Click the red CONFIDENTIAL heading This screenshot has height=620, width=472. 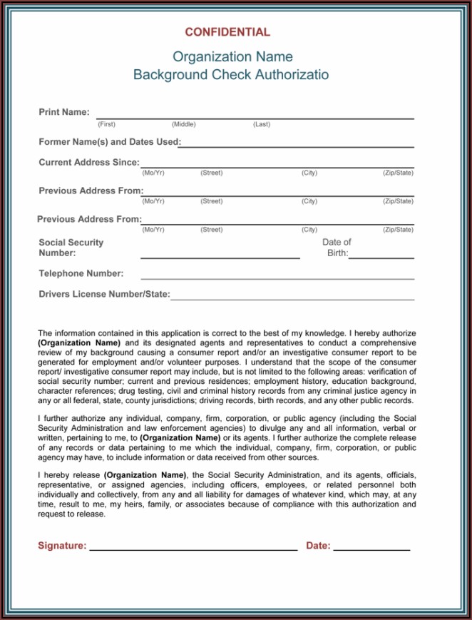[x=227, y=32]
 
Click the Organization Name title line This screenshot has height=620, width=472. [x=232, y=57]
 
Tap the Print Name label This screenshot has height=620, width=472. [x=64, y=112]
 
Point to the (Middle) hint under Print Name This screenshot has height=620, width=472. [x=183, y=124]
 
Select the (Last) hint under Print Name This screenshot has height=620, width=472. [x=262, y=124]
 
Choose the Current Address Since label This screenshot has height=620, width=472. [x=89, y=162]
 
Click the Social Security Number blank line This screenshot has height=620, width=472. [x=220, y=257]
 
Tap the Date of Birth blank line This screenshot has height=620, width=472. [x=381, y=257]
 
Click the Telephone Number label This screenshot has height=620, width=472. [x=81, y=273]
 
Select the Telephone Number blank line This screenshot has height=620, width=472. [x=277, y=278]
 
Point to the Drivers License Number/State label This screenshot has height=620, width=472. [x=104, y=294]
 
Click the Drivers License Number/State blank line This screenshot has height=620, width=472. [x=292, y=299]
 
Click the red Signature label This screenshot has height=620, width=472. [x=62, y=546]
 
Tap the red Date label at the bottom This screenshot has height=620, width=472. [x=318, y=546]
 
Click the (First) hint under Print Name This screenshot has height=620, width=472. [x=106, y=124]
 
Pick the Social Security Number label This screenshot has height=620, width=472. [x=71, y=248]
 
